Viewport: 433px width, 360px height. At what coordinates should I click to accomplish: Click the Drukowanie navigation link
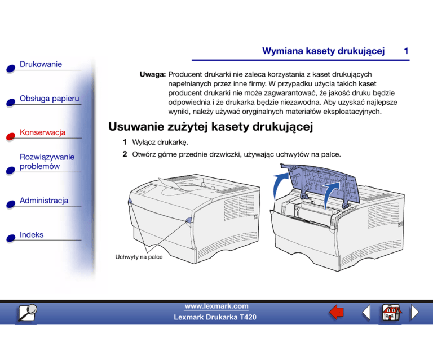[41, 65]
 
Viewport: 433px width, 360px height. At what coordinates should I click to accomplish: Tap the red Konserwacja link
[43, 132]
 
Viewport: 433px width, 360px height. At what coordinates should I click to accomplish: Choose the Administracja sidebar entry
[44, 201]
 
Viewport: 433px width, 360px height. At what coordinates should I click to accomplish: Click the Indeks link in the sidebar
[32, 234]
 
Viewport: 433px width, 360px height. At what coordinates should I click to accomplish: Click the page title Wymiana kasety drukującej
[323, 51]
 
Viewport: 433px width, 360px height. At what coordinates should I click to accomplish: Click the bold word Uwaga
[152, 74]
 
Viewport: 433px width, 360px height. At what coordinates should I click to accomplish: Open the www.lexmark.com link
[216, 306]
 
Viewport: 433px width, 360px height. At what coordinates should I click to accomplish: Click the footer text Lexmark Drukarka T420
[216, 318]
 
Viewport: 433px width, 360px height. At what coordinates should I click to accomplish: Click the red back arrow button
[337, 312]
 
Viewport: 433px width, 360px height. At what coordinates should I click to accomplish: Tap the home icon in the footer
[390, 312]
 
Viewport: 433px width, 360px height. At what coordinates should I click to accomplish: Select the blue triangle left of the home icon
[365, 312]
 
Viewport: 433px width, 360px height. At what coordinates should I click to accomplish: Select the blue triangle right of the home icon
[414, 312]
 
